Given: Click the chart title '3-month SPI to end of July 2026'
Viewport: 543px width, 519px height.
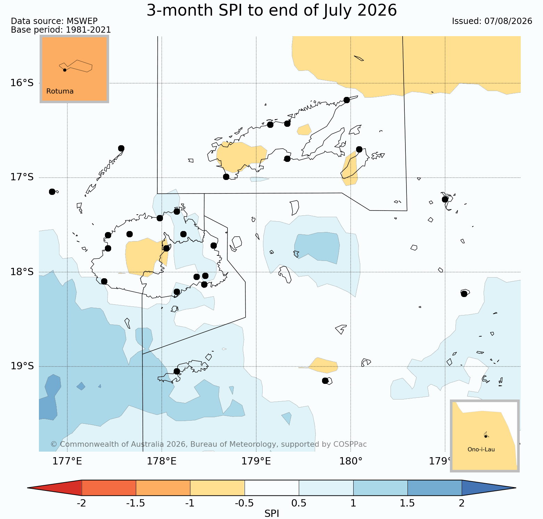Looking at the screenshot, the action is pyautogui.click(x=272, y=10).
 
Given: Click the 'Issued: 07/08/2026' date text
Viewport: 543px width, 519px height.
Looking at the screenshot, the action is pyautogui.click(x=492, y=21).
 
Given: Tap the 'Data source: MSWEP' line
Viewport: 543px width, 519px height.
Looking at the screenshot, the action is pyautogui.click(x=54, y=21).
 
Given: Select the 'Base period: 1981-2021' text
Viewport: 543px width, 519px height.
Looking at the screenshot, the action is pyautogui.click(x=61, y=30).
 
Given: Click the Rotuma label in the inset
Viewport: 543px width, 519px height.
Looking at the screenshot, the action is pyautogui.click(x=60, y=91).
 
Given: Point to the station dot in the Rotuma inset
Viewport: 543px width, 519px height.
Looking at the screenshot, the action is pyautogui.click(x=65, y=70).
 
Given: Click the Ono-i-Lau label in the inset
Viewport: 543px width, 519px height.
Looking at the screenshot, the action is pyautogui.click(x=481, y=450).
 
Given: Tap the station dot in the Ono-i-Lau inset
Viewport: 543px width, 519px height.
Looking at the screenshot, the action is pyautogui.click(x=486, y=436).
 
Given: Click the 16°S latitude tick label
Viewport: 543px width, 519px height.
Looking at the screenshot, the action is pyautogui.click(x=22, y=83).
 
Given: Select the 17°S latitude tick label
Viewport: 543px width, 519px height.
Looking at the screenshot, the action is pyautogui.click(x=22, y=177).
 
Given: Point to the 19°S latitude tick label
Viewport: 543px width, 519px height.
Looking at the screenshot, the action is pyautogui.click(x=22, y=366).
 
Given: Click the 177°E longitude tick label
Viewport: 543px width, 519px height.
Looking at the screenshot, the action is pyautogui.click(x=67, y=461).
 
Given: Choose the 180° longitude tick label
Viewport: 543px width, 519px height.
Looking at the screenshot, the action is pyautogui.click(x=351, y=461).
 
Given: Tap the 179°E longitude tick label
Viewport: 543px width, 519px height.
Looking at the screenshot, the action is pyautogui.click(x=256, y=461).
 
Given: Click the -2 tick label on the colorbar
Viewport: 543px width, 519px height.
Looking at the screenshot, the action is pyautogui.click(x=81, y=503).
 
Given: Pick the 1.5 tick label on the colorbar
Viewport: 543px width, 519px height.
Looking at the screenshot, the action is pyautogui.click(x=408, y=503).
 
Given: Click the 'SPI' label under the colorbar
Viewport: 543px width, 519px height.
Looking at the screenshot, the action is pyautogui.click(x=272, y=514).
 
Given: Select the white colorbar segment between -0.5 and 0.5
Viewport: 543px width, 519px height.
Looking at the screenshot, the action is pyautogui.click(x=272, y=488).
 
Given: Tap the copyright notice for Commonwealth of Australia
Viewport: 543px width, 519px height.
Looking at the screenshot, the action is pyautogui.click(x=208, y=444).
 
